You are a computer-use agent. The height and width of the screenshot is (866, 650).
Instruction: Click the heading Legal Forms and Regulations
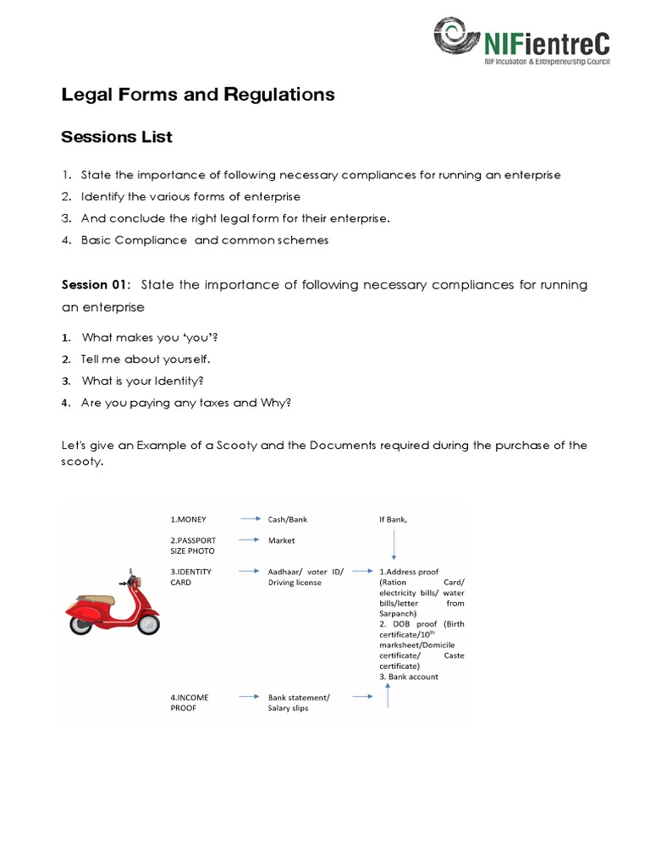198,95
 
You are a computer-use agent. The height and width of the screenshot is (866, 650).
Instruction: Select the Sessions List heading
117,136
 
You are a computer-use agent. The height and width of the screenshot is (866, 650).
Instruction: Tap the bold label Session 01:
96,285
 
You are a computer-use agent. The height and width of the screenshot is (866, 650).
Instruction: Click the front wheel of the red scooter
148,623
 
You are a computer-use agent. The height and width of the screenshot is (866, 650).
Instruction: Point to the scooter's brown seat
102,600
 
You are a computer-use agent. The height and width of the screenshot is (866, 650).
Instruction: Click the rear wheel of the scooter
82,623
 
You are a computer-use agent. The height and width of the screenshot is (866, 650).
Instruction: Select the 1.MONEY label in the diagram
188,519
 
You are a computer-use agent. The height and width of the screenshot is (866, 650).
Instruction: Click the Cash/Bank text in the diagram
288,519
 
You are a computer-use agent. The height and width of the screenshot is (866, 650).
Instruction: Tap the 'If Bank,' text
394,519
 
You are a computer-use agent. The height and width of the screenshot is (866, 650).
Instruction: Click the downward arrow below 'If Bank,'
394,545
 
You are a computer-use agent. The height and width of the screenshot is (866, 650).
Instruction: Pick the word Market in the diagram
282,540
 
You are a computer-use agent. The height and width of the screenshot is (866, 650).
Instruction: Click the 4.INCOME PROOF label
190,702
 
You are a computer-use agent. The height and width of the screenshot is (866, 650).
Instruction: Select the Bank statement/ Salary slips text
299,702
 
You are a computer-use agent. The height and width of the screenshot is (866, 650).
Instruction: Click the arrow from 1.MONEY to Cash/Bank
250,519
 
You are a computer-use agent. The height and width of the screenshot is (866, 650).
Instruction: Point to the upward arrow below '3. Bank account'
388,695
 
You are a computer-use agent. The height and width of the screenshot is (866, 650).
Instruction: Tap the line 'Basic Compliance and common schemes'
205,240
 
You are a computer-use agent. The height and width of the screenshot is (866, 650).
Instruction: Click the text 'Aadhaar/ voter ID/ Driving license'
306,577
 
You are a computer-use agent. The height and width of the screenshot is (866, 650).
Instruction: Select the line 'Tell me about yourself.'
146,359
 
